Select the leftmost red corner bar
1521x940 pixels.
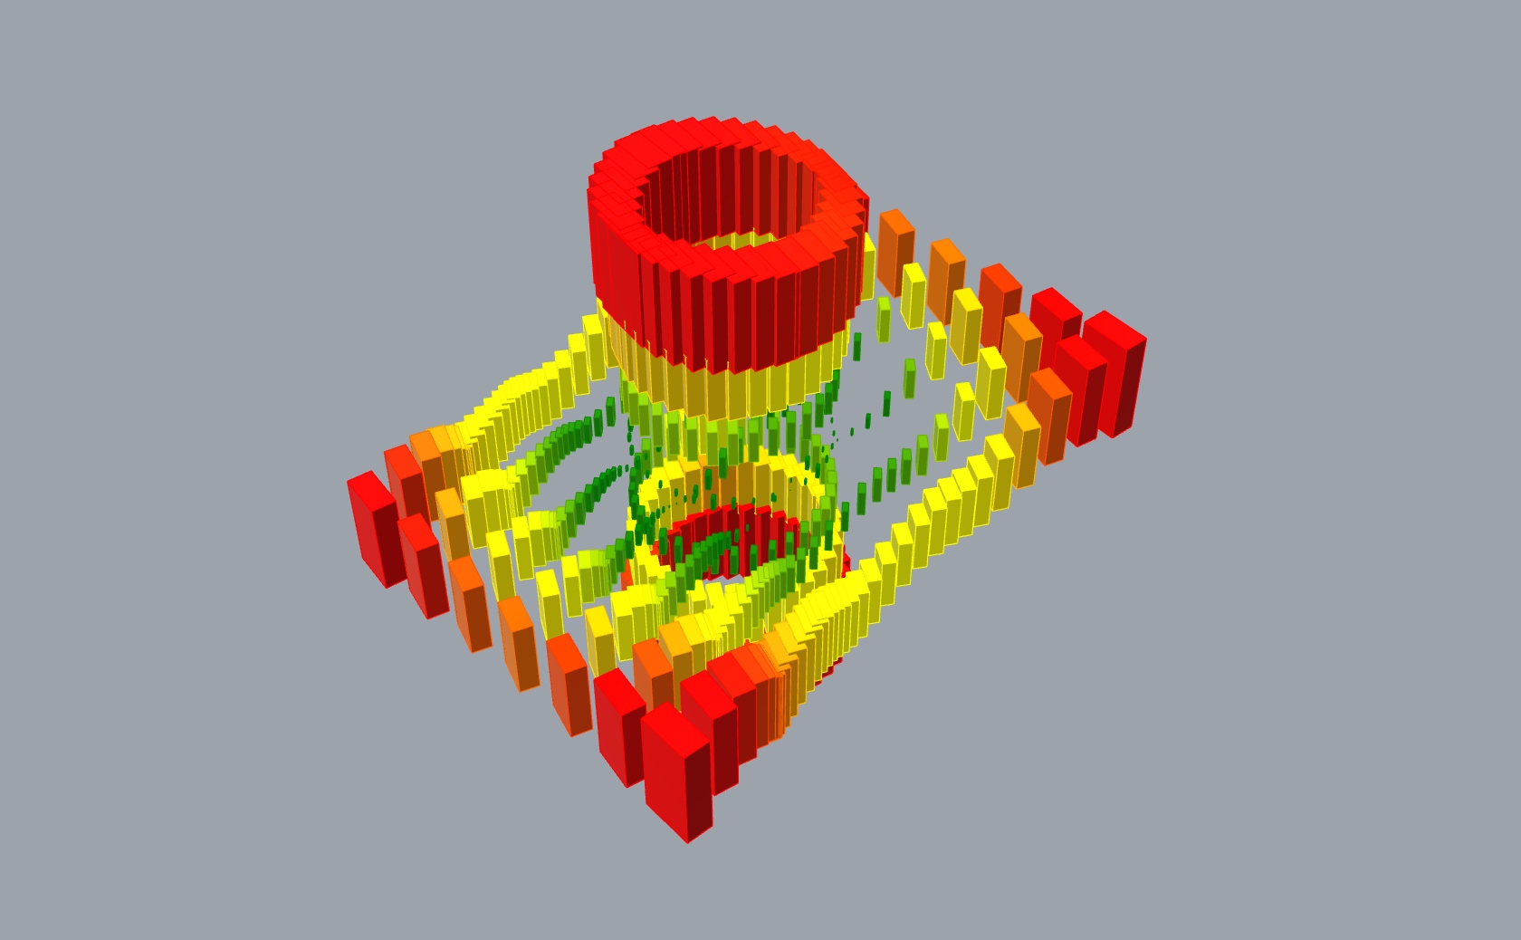[x=375, y=530]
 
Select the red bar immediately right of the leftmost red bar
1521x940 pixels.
[x=423, y=566]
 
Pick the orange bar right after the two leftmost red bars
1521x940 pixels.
[x=469, y=602]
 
